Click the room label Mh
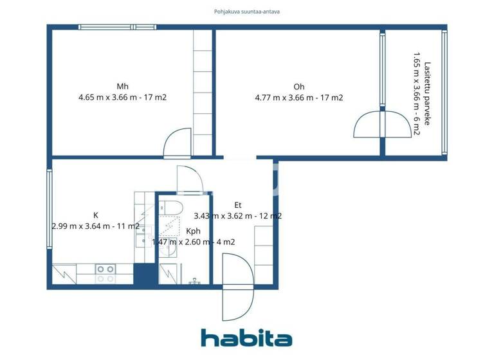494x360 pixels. (x=122, y=87)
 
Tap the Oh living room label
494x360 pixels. (x=298, y=87)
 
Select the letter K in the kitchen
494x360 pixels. (x=96, y=215)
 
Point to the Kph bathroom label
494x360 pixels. (x=193, y=231)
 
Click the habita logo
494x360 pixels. (x=246, y=338)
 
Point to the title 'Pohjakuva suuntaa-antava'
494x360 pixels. (x=247, y=11)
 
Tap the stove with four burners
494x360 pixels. (x=105, y=274)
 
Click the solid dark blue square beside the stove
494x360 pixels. (x=145, y=274)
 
